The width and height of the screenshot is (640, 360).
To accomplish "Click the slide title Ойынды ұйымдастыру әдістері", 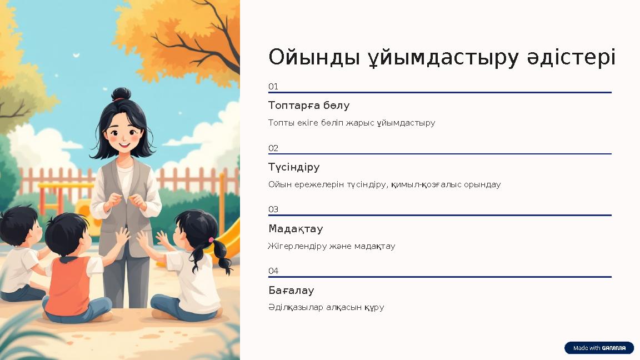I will click(442, 57).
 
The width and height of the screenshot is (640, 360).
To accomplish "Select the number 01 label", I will click(273, 87).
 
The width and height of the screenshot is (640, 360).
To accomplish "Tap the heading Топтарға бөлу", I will click(309, 106).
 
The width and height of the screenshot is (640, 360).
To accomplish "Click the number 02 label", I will click(273, 148).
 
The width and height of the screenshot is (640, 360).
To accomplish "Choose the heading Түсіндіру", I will click(294, 167).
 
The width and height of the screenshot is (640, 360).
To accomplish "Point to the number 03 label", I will click(273, 209).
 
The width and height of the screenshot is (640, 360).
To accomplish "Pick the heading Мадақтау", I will click(296, 229).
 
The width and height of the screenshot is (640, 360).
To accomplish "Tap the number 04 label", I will click(273, 271).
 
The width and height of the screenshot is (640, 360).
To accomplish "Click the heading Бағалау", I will click(291, 291).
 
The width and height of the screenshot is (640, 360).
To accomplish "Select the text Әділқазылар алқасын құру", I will click(326, 307).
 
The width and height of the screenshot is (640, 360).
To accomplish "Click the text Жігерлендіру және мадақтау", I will click(332, 246).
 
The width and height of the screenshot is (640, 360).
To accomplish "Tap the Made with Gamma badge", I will click(599, 348).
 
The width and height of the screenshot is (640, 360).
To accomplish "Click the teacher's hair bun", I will click(121, 94).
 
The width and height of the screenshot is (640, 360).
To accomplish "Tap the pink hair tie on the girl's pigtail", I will click(211, 240).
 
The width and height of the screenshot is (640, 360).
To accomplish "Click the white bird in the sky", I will click(76, 55).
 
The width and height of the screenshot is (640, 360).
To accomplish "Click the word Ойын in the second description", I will click(278, 184).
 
